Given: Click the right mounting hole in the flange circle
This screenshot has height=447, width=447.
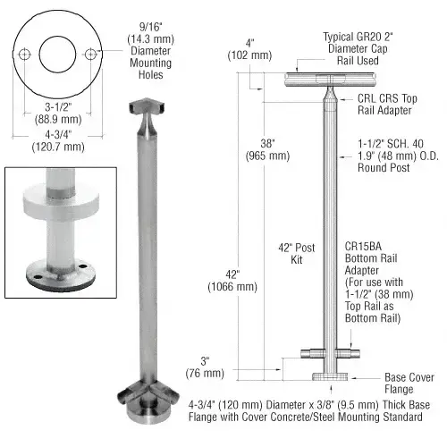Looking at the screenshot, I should coord(90,55).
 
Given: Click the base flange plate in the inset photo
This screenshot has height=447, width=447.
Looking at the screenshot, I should coord(58,268).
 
